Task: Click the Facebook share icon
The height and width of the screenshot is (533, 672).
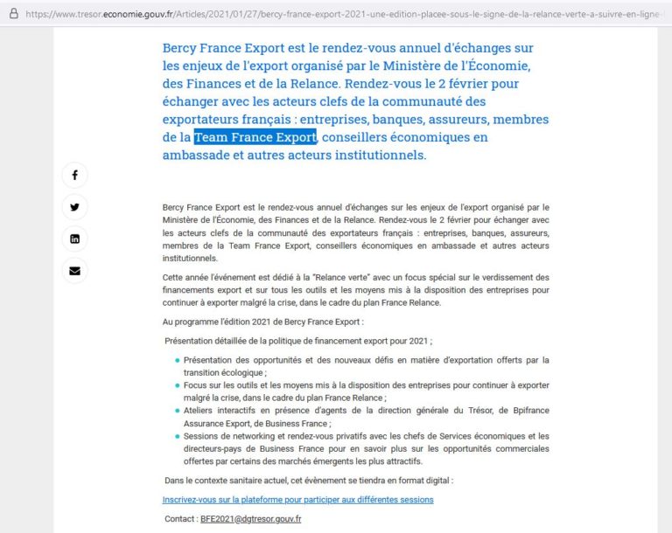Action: (74, 176)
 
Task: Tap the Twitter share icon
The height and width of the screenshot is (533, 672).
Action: (74, 207)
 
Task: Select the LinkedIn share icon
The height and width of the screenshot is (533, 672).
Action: (74, 239)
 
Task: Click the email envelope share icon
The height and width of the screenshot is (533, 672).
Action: (74, 271)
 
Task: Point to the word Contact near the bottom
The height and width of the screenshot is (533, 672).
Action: (179, 519)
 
